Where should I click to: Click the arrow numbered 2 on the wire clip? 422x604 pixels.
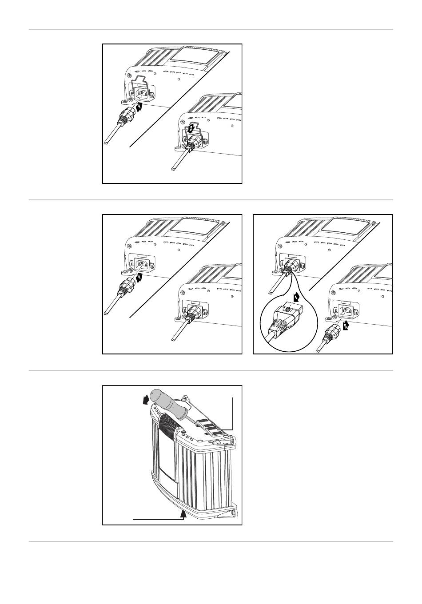(x=190, y=129)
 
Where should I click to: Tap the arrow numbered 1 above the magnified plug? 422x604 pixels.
(x=296, y=298)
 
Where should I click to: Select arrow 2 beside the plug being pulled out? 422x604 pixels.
(x=346, y=326)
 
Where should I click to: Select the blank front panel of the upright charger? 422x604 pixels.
(x=167, y=462)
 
